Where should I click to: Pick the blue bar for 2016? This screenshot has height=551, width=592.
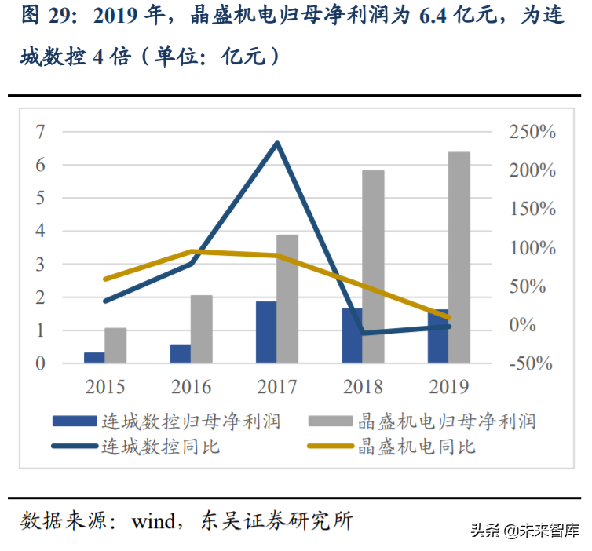coord(180,353)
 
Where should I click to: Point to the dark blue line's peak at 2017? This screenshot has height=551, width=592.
coord(276,143)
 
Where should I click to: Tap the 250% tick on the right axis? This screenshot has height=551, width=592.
coord(532,132)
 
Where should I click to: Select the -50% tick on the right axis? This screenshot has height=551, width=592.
coord(532,363)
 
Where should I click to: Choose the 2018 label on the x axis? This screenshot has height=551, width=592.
coord(362,386)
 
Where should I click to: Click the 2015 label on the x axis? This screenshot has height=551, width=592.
coord(105,386)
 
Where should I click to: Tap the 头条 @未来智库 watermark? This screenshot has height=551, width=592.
coord(525,530)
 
